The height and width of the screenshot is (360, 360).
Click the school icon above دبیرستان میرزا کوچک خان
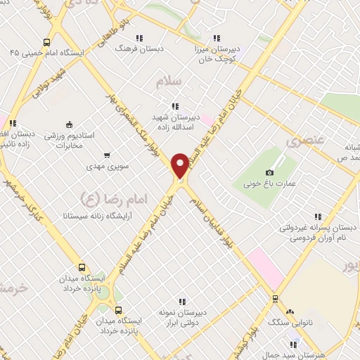point(217,38)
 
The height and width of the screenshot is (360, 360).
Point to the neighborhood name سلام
point(168,82)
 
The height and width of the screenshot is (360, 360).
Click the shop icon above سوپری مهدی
point(106,155)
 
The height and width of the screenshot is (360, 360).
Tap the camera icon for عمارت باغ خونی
point(269,173)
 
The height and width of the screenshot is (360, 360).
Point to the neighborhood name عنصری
point(304,141)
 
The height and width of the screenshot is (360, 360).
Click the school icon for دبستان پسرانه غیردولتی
point(317,217)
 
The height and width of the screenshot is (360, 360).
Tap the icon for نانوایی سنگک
point(289,311)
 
